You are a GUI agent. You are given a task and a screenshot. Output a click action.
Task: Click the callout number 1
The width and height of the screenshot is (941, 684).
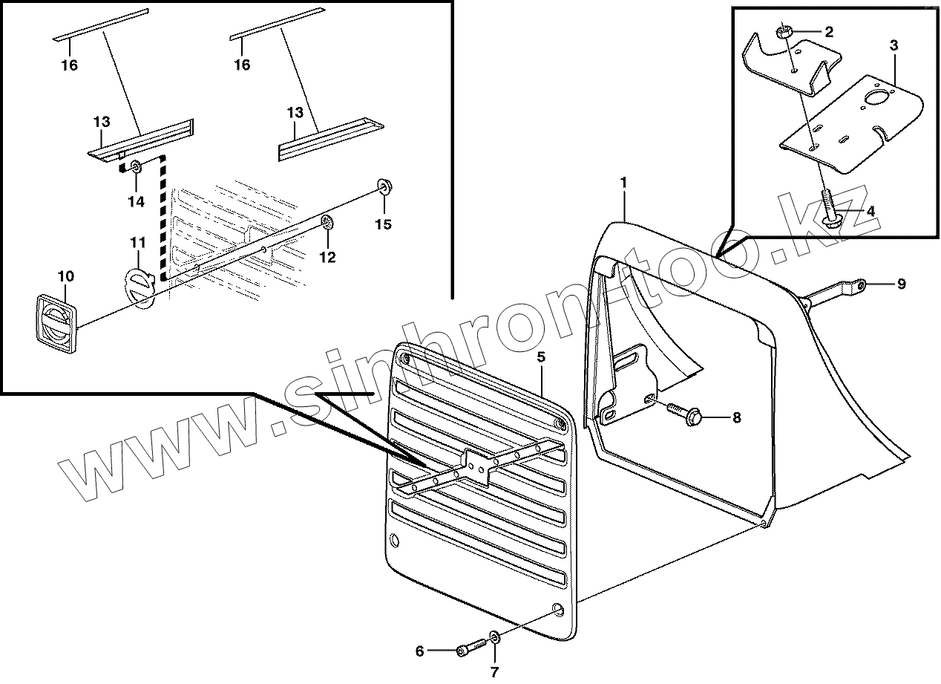click(x=624, y=182)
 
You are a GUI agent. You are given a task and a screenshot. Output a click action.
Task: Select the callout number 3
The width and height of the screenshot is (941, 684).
click(x=894, y=46)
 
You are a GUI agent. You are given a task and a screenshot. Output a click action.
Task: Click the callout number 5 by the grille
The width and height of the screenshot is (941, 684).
click(x=541, y=357)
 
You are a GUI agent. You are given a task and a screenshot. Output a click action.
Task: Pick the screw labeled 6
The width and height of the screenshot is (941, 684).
click(x=467, y=650)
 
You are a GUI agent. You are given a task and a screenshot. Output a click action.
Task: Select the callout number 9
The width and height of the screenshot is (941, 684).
click(x=902, y=284)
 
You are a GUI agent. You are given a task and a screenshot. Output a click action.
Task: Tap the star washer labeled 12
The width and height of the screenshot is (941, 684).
click(x=327, y=222)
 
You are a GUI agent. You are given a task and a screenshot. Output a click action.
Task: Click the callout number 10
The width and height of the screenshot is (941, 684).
click(x=65, y=277)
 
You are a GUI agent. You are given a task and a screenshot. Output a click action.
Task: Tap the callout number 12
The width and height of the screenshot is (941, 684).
click(x=327, y=257)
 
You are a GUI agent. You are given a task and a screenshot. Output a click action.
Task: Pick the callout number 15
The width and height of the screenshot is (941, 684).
click(x=382, y=224)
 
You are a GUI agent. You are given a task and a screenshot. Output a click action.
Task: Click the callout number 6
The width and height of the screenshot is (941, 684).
click(x=419, y=651)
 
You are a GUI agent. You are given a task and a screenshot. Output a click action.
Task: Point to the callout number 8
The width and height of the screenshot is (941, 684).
click(x=736, y=417)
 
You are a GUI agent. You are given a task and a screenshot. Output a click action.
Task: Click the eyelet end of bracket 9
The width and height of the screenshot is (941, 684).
click(x=859, y=284)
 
